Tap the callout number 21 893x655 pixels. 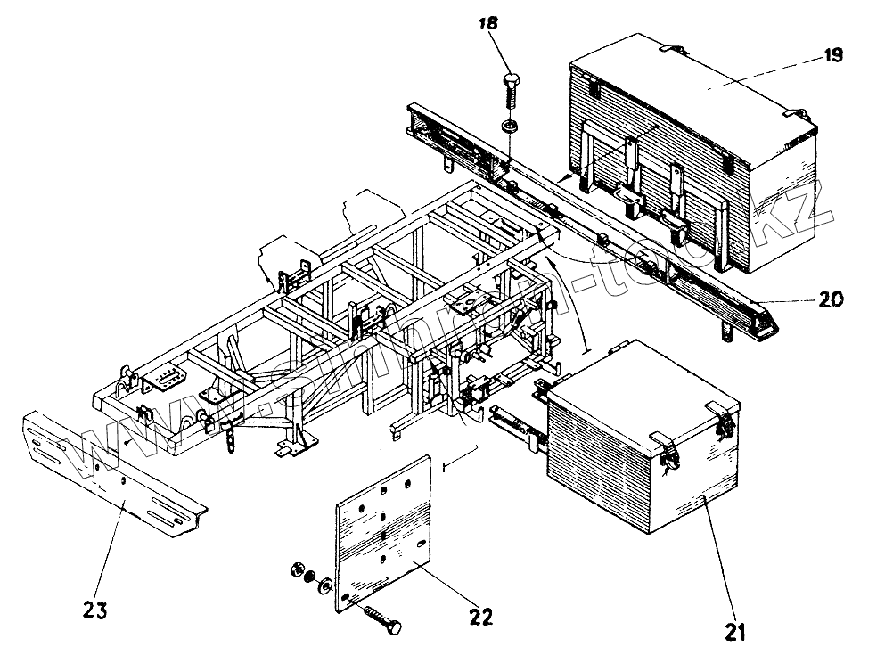coord(734,632)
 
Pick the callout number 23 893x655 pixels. coord(97,610)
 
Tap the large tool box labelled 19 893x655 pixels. coord(695,160)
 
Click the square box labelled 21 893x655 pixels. coord(642,454)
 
